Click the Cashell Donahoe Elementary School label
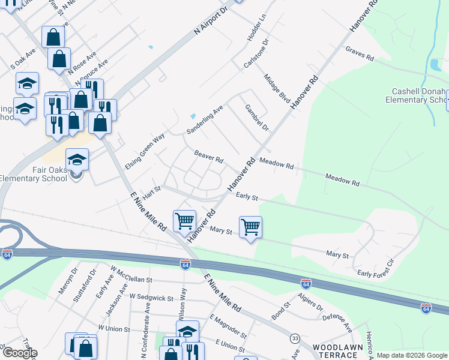coord(419,96)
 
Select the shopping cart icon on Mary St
coord(250,227)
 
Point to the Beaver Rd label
coord(208,157)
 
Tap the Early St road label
coord(247,196)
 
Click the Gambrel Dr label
coord(256,118)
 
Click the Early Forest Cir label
coord(376,269)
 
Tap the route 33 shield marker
coord(295,339)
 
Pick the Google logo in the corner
coord(20,352)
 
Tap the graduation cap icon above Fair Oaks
coord(77,160)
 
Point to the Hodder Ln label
coord(256,29)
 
